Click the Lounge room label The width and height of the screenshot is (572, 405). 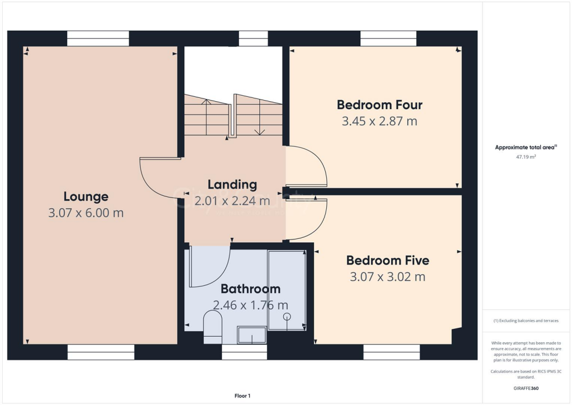point(85,197)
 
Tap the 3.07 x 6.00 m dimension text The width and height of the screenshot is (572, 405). point(85,213)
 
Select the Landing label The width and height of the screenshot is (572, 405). point(232,185)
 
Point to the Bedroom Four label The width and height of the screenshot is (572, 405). point(379,105)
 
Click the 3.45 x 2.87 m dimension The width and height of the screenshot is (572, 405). point(379,121)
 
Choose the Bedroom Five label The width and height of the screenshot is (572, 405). point(388,260)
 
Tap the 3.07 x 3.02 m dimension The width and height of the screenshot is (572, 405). point(388,276)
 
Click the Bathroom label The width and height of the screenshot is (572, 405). point(250,289)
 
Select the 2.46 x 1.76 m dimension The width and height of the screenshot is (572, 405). point(250,305)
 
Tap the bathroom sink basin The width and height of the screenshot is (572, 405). point(251,335)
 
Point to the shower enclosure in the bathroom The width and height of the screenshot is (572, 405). point(287,290)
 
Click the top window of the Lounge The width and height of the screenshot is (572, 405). point(98,39)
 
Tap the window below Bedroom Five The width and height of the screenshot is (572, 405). point(391,352)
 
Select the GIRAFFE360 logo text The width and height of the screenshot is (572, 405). point(526,388)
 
